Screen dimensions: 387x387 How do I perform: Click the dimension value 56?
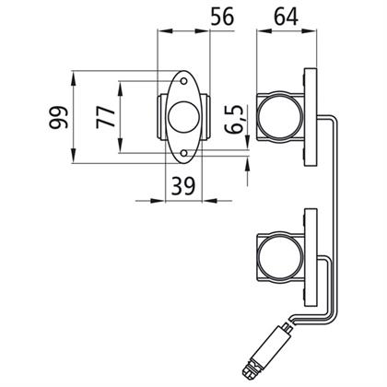coord(222,17)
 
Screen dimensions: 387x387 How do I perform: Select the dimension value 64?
coord(286,17)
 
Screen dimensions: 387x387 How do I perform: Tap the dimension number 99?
coord(58,118)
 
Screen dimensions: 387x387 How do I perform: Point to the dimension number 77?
coord(106,117)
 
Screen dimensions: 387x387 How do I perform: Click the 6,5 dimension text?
coord(234,119)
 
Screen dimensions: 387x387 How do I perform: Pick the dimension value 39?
coord(183,186)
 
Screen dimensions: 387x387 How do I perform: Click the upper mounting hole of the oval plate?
coord(183,81)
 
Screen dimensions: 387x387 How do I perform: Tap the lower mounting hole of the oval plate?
coord(184,153)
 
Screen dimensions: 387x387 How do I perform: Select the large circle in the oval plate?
coord(184,117)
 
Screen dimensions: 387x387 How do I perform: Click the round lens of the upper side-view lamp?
coord(279,117)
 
